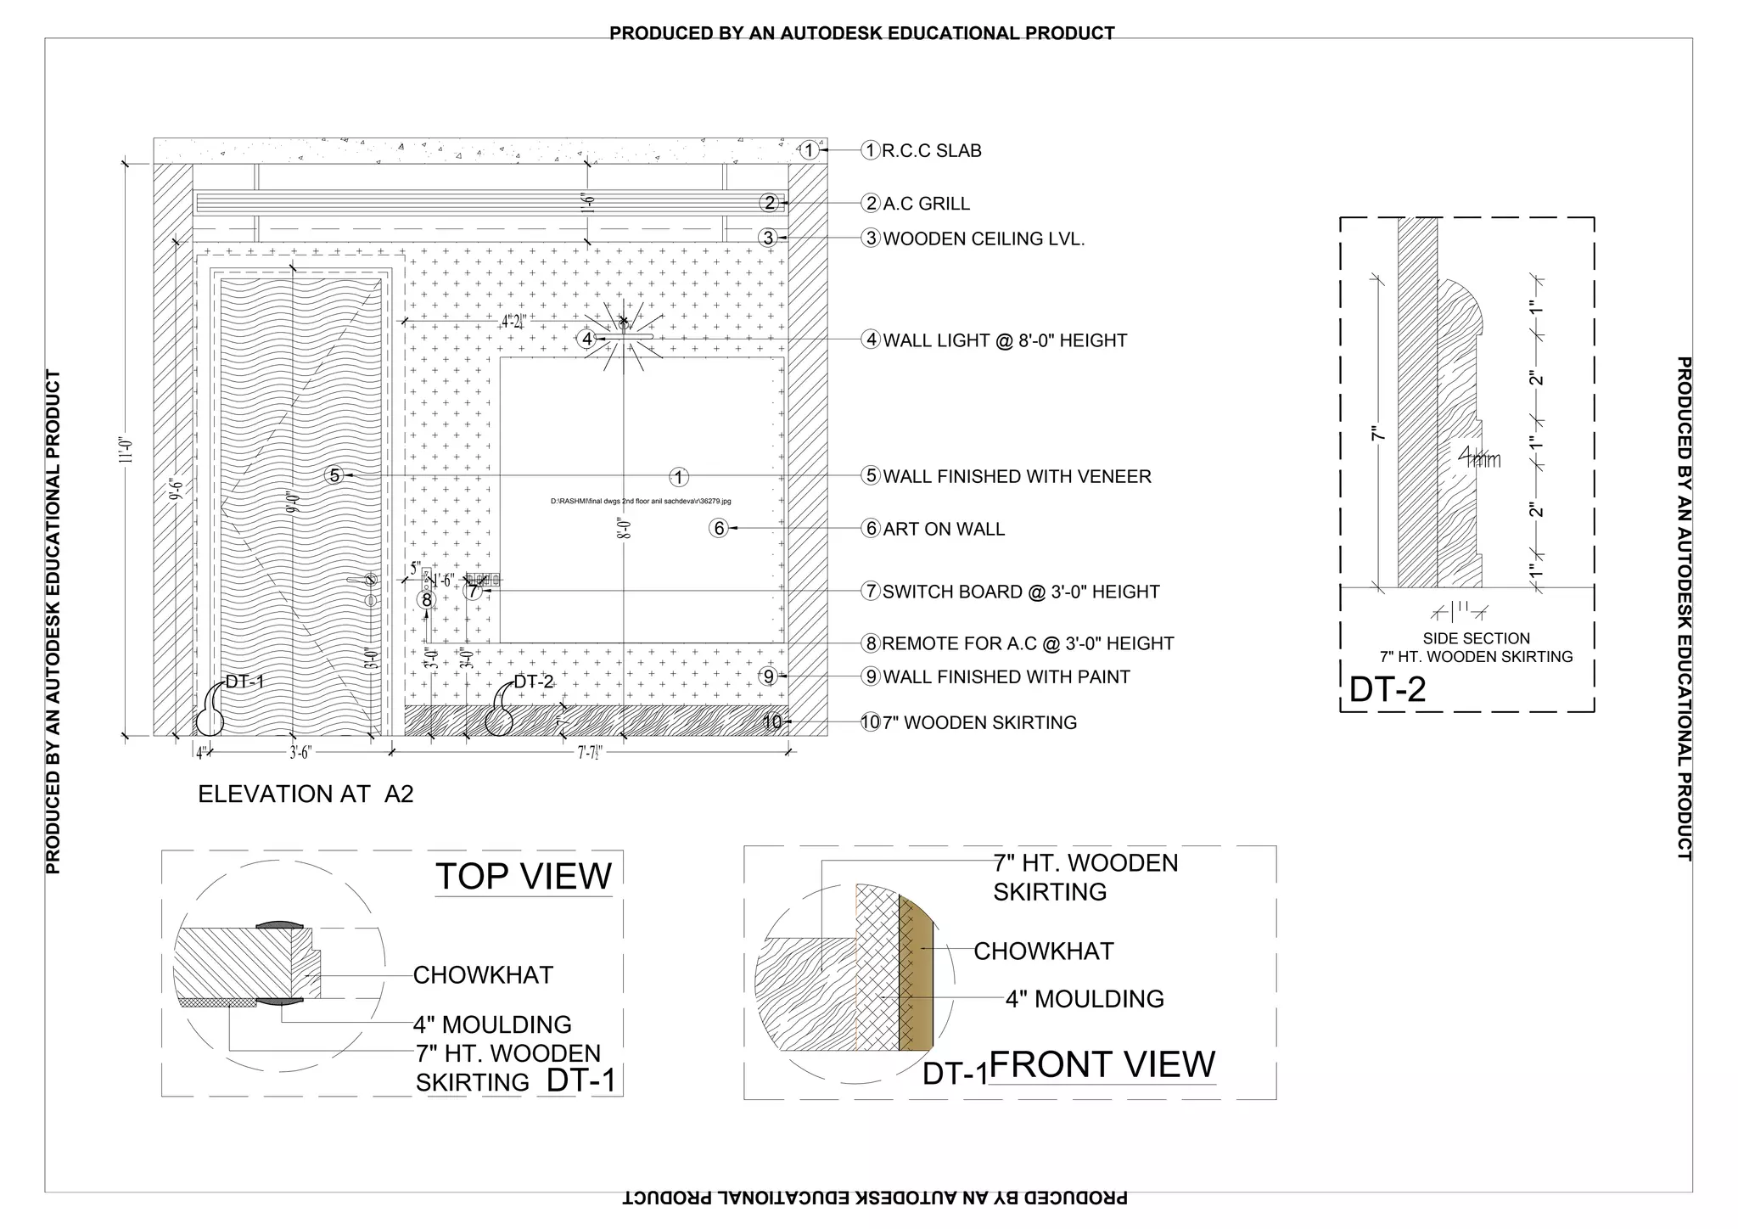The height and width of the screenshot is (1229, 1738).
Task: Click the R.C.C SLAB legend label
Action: coord(931,151)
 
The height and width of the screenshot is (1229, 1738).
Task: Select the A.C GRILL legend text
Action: coord(926,204)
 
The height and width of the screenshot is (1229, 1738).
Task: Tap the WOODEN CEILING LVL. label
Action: coord(984,239)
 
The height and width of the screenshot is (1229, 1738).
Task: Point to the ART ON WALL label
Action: coord(944,529)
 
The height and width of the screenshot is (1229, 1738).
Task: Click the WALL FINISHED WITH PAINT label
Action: coord(1006,677)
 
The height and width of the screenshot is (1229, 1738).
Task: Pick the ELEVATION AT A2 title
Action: coord(306,794)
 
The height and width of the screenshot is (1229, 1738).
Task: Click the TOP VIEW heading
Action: coord(524,876)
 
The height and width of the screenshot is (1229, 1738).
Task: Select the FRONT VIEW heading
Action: coord(1102,1064)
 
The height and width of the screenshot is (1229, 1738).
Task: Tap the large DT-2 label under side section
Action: coord(1388,689)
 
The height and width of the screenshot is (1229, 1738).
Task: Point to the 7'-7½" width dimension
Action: coord(590,752)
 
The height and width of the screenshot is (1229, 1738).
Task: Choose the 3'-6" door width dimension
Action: coord(300,752)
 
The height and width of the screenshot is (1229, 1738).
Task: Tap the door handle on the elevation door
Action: coord(369,581)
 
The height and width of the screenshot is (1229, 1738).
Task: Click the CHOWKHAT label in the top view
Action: coord(483,975)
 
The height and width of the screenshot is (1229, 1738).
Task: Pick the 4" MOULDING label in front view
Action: coord(1085,999)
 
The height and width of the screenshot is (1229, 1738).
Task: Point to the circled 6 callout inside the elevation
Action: coord(719,529)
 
